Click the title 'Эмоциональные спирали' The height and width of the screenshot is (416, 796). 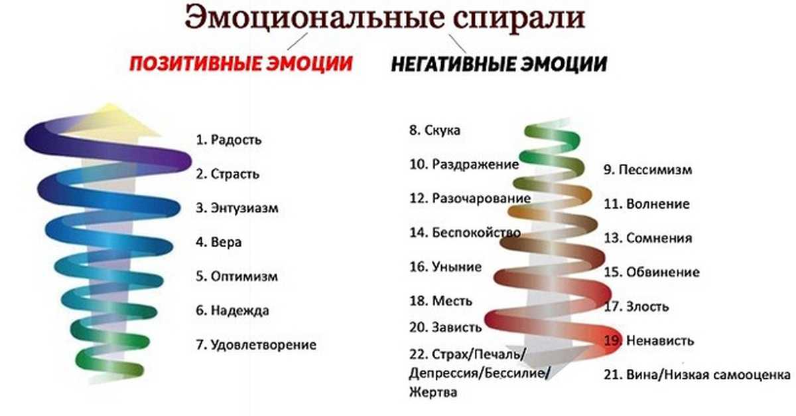pos(385,17)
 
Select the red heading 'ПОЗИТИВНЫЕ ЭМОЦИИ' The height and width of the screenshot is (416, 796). pos(241,64)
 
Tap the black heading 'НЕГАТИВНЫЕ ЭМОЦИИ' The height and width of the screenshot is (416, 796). pos(499,64)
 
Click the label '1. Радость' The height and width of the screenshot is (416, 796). pos(228,140)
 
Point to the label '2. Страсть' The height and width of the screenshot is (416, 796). pos(228,174)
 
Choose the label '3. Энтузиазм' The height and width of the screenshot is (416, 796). pos(237,208)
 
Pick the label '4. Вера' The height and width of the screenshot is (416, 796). pos(218,242)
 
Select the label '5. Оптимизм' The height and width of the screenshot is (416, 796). pos(237,276)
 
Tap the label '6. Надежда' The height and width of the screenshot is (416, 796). pos(232,310)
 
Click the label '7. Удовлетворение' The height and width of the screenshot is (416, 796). pos(256,344)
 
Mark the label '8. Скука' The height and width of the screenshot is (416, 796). pos(434,130)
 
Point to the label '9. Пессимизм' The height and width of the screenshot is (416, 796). pos(648,169)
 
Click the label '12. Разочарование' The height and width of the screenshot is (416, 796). pos(470,199)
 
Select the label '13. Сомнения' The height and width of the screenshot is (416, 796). pos(648,238)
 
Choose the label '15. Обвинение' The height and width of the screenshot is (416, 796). pos(651,272)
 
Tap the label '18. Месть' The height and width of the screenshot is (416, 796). pos(440,301)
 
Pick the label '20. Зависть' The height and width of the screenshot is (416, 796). pos(445,327)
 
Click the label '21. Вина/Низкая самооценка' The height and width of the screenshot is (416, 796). pos(697,375)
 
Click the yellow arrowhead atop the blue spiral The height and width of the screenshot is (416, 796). pos(113,120)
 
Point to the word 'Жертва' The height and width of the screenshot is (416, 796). pos(432,392)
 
